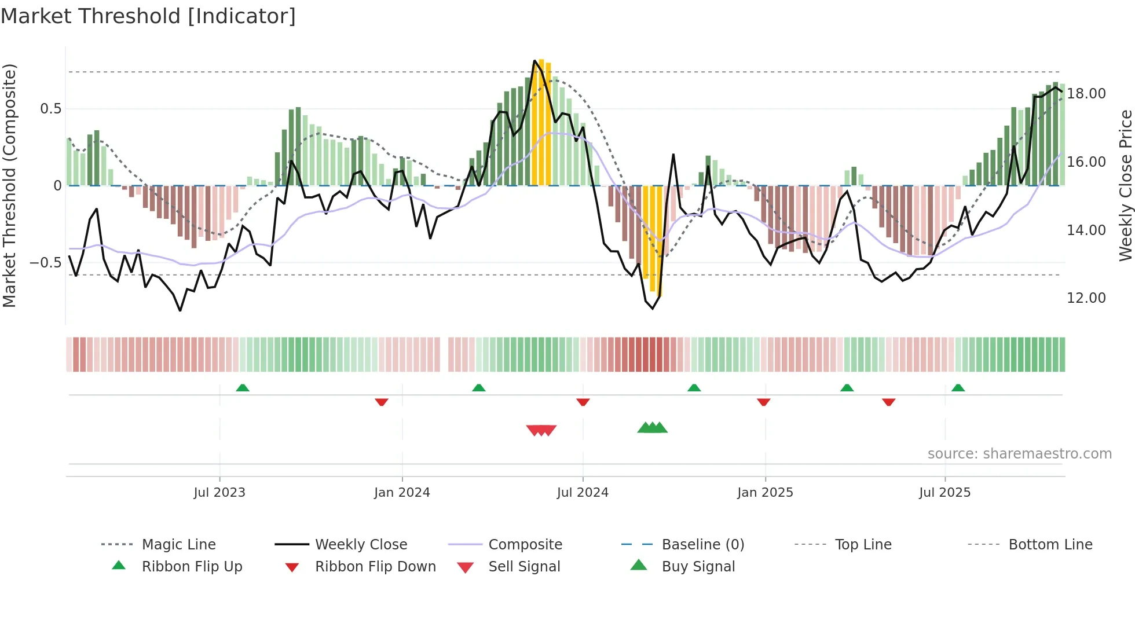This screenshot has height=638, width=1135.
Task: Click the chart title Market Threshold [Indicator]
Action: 148,16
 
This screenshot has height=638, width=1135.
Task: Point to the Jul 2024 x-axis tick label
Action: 583,493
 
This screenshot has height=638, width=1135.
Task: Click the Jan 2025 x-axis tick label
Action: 765,493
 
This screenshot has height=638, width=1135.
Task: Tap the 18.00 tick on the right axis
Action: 1086,94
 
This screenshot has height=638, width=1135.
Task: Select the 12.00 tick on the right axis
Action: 1086,298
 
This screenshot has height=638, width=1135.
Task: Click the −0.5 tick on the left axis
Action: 45,263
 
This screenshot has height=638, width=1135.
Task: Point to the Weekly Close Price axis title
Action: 1125,185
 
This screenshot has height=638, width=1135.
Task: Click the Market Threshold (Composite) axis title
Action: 9,185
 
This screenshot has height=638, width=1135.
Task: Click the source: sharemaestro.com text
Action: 1019,454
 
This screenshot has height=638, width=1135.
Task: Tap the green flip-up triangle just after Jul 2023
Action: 243,388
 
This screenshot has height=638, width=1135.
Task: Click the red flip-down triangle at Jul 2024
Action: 583,402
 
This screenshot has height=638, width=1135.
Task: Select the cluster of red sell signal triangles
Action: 541,430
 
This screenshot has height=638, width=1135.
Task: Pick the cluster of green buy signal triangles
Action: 653,428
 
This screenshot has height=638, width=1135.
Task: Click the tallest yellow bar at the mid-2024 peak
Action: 541,122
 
